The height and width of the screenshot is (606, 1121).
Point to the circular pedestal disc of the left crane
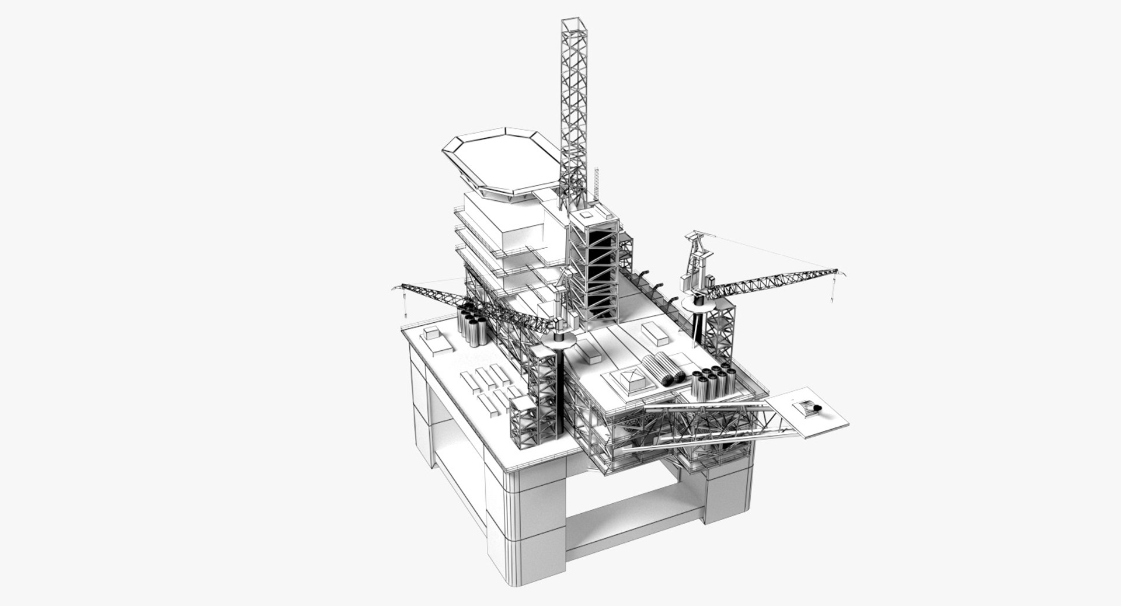[x=559, y=340]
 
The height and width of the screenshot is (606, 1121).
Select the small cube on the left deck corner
[x=432, y=334]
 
